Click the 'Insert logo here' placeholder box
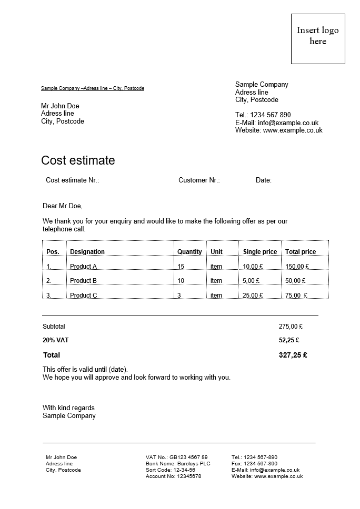[x=318, y=39]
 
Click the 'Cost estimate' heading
[x=78, y=160]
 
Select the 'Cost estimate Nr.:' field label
[x=73, y=180]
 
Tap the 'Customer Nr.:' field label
[x=199, y=180]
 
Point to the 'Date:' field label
[x=264, y=180]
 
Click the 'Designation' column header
[x=87, y=252]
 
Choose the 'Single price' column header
[x=260, y=252]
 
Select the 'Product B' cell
[x=84, y=281]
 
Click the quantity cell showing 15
[x=181, y=267]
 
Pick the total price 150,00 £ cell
[x=297, y=267]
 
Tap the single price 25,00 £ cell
[x=253, y=296]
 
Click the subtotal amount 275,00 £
[x=291, y=327]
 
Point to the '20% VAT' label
[x=56, y=340]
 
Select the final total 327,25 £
[x=293, y=355]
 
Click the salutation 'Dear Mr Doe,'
[x=63, y=206]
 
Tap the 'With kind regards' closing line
[x=68, y=408]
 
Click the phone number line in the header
[x=263, y=115]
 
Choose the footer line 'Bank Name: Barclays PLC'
[x=178, y=464]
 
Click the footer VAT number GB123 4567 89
[x=188, y=457]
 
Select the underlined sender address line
[x=93, y=88]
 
